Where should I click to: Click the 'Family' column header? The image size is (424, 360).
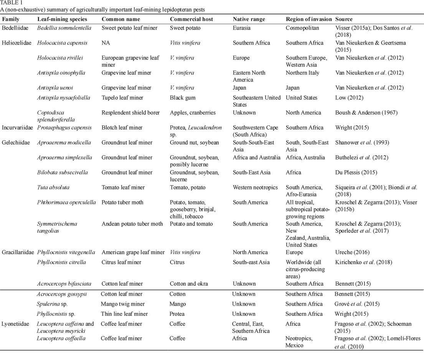point(11,19)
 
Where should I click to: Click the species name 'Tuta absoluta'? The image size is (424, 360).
point(53,187)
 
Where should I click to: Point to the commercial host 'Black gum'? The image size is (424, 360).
point(183,98)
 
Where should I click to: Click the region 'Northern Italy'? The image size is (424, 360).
point(302,73)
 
